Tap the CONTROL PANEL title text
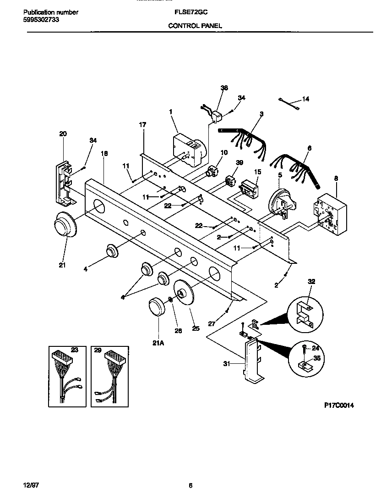tap(195, 26)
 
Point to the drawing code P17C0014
tap(339, 405)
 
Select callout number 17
tap(142, 124)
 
